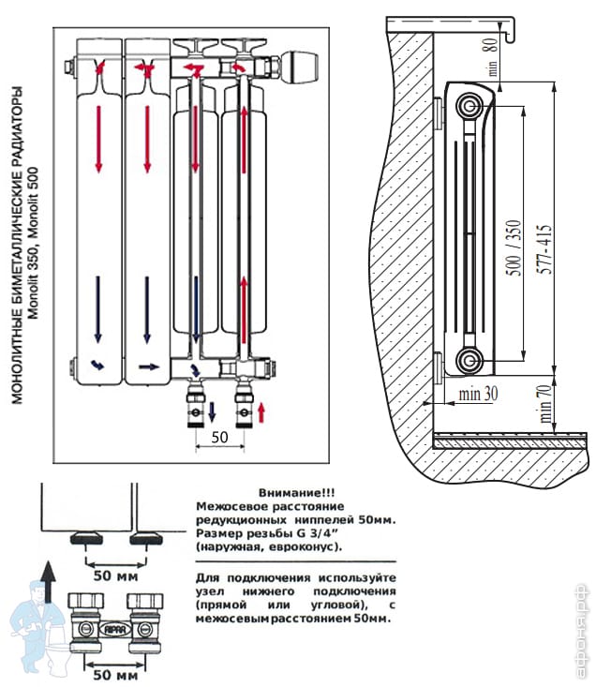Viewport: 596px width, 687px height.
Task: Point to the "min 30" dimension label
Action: (x=478, y=395)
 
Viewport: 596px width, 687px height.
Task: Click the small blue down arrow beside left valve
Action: (x=212, y=410)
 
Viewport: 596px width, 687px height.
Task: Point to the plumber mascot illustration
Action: (x=32, y=619)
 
